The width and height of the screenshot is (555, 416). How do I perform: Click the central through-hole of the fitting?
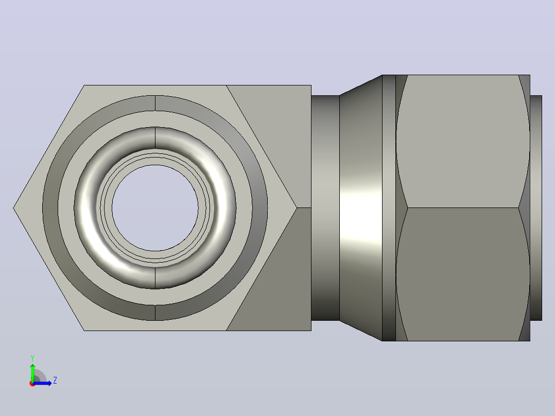155,208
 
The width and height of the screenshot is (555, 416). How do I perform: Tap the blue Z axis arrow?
42,383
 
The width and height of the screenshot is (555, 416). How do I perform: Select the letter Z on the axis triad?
55,380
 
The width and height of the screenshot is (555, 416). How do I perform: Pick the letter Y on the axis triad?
32,358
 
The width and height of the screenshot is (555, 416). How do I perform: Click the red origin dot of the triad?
32,384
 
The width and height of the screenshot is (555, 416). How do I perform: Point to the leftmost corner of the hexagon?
13,208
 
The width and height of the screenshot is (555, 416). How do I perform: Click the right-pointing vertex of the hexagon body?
297,208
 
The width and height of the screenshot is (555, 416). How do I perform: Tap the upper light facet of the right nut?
463,141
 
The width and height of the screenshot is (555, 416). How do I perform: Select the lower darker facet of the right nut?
463,274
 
